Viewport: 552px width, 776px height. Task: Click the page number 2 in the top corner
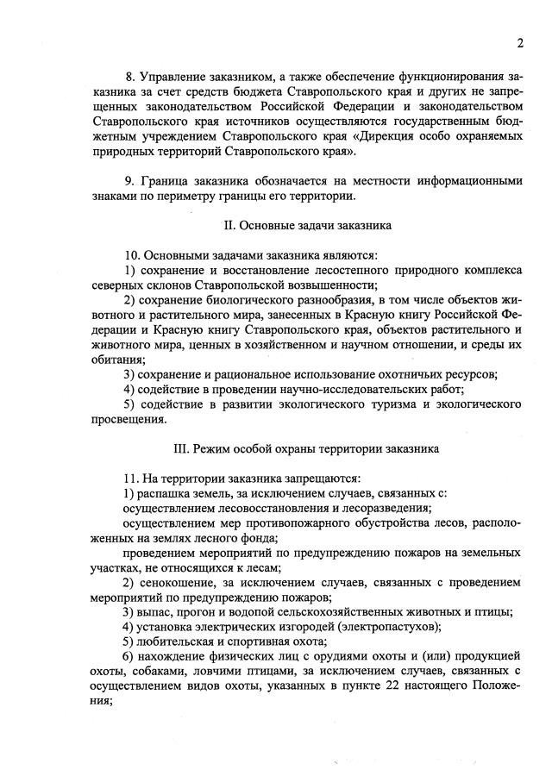(x=520, y=44)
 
